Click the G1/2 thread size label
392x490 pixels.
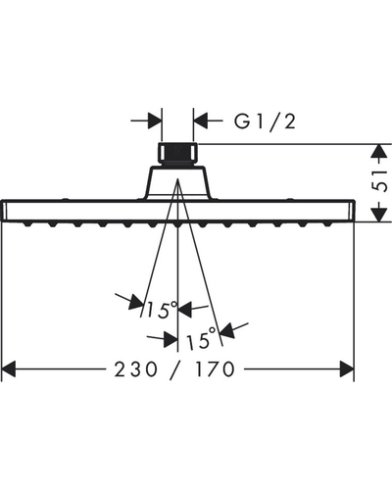(265, 122)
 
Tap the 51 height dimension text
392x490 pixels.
(379, 181)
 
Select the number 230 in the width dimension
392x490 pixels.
(135, 369)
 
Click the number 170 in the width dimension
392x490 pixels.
(215, 369)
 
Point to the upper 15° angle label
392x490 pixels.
(162, 309)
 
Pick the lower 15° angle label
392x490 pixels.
(201, 340)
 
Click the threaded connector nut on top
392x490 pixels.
(177, 153)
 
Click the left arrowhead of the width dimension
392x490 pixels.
(9, 369)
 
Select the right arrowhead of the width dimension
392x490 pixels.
(347, 369)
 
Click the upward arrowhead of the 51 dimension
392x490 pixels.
(378, 152)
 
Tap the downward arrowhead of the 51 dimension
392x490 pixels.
(378, 214)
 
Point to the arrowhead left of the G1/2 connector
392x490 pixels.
(155, 121)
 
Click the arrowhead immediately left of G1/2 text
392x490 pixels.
(201, 121)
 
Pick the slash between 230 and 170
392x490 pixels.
(176, 370)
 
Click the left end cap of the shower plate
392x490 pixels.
(4, 211)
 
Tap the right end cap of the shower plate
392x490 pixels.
(352, 211)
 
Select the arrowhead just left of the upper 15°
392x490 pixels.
(136, 302)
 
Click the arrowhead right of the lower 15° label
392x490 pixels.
(227, 330)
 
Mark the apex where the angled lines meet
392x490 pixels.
(177, 179)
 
